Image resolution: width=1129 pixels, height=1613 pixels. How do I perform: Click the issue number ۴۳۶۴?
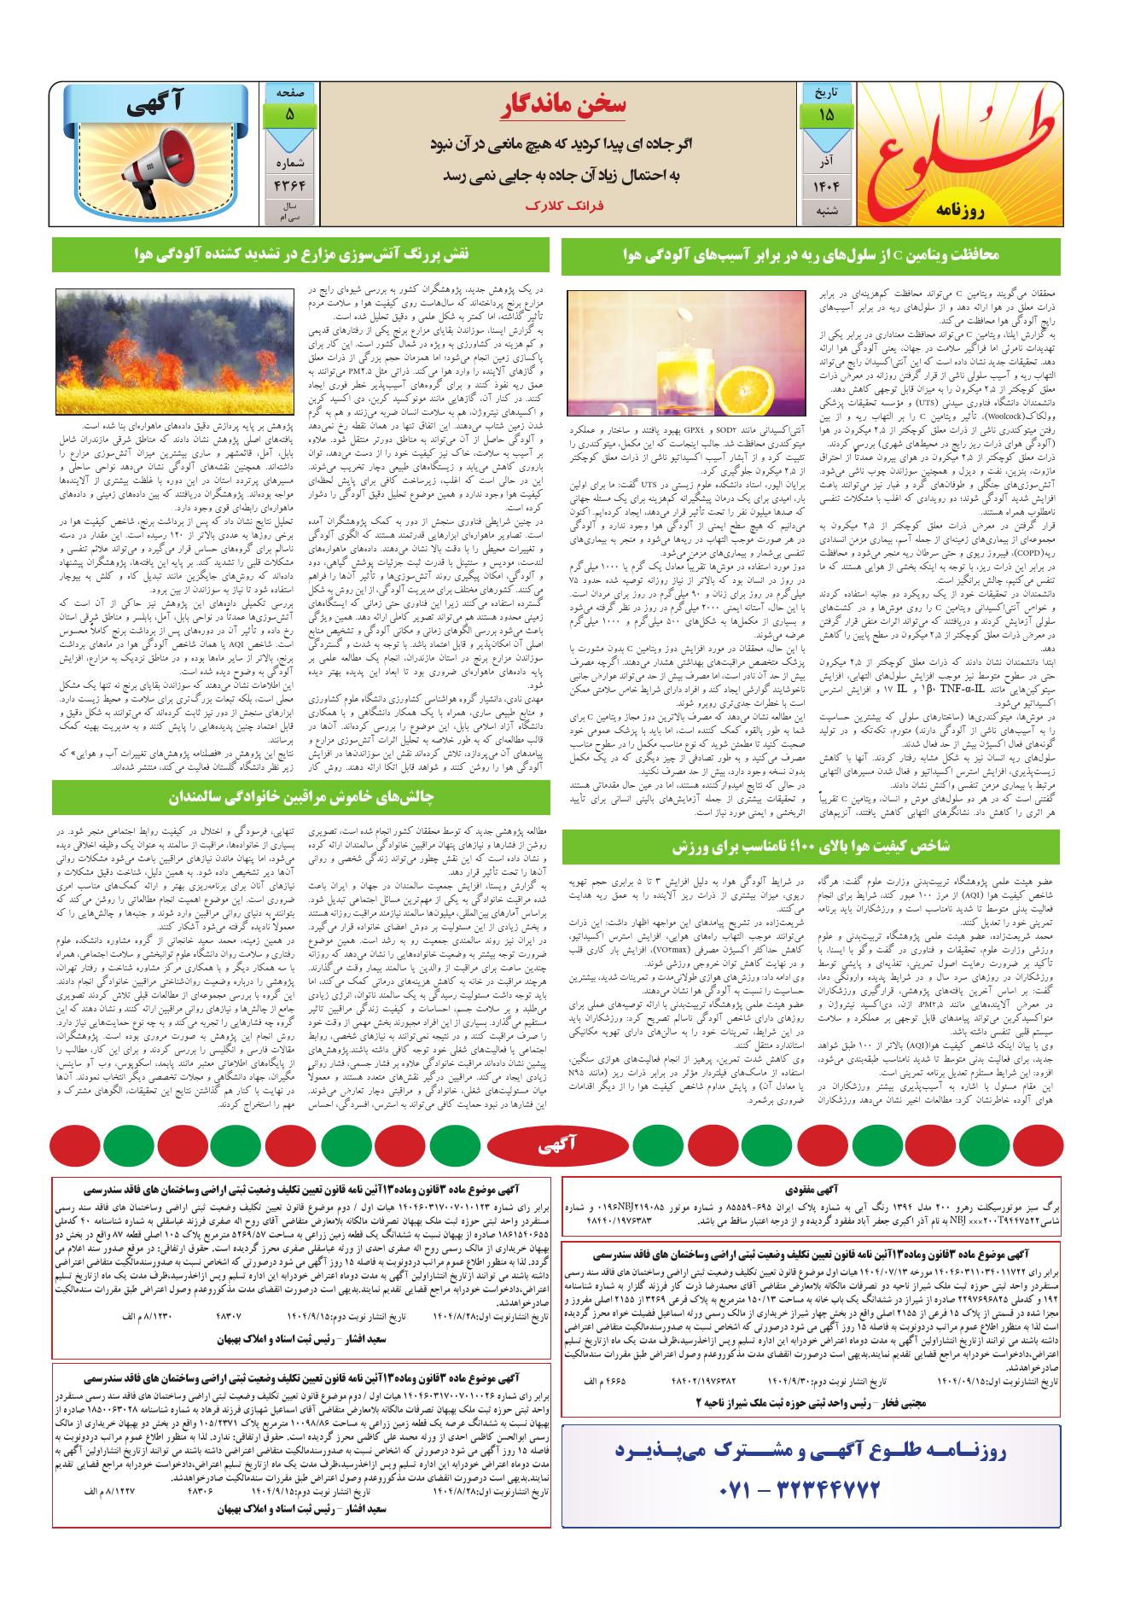pyautogui.click(x=289, y=186)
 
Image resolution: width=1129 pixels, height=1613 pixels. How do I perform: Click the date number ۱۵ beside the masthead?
pyautogui.click(x=826, y=114)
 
